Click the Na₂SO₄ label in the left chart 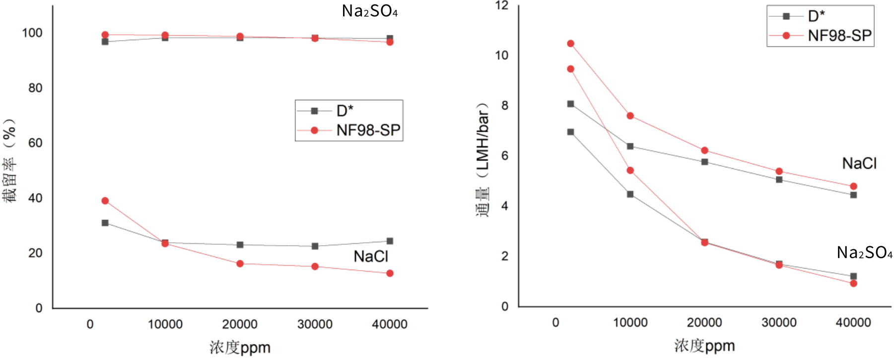click(369, 11)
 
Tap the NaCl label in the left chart click(371, 256)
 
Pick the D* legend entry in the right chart click(816, 16)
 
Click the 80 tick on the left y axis click(35, 88)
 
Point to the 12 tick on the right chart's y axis click(502, 5)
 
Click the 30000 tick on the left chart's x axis click(315, 324)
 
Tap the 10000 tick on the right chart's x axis click(630, 322)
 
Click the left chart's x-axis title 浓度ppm click(240, 347)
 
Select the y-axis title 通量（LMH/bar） click(482, 159)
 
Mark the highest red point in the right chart click(571, 44)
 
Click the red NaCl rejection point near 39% click(105, 201)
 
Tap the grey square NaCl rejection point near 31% click(105, 223)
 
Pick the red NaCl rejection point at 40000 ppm click(390, 273)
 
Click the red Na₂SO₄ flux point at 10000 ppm click(630, 170)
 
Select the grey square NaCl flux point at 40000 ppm click(853, 195)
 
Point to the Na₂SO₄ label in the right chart click(864, 252)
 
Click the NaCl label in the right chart click(859, 163)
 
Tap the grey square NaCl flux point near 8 click(571, 104)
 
